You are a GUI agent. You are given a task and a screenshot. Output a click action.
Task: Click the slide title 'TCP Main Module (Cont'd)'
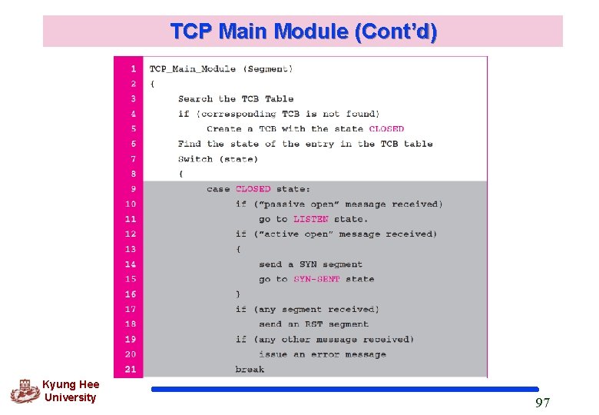coord(303,32)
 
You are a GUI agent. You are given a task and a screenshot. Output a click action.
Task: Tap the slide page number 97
coord(542,403)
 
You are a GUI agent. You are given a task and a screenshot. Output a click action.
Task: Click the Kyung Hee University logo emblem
coord(25,391)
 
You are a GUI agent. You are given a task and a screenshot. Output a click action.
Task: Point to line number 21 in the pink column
coord(131,370)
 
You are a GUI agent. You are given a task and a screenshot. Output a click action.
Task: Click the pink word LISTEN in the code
coord(310,219)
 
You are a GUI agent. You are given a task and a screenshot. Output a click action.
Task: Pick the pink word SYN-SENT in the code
coord(316,279)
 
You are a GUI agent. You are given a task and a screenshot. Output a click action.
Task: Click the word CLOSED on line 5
coord(386,129)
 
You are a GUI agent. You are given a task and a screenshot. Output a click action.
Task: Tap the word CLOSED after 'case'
coord(253,189)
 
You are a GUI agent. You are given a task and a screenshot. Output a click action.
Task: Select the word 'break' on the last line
coord(250,370)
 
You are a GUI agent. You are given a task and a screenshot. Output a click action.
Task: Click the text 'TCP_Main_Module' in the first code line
coord(193,69)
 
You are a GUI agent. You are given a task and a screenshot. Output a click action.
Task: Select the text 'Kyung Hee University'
coord(71,391)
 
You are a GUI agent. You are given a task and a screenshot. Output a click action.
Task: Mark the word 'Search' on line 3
coord(195,99)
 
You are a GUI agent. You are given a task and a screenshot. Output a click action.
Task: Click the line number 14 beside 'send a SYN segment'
coord(131,264)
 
